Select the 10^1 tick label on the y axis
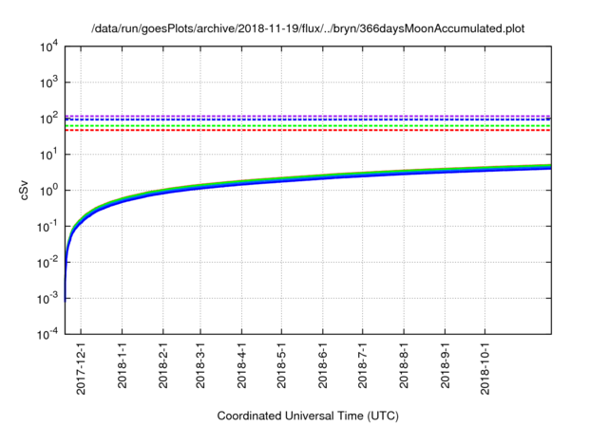click(x=47, y=155)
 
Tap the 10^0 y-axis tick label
click(x=47, y=191)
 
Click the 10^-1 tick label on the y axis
click(x=46, y=227)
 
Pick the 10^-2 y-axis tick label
click(x=46, y=263)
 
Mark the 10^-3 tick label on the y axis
click(x=46, y=299)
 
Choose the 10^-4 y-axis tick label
click(x=46, y=334)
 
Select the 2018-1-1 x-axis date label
click(x=122, y=366)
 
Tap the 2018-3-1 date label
click(x=200, y=366)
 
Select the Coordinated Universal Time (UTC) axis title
click(x=308, y=415)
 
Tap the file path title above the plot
click(x=308, y=29)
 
